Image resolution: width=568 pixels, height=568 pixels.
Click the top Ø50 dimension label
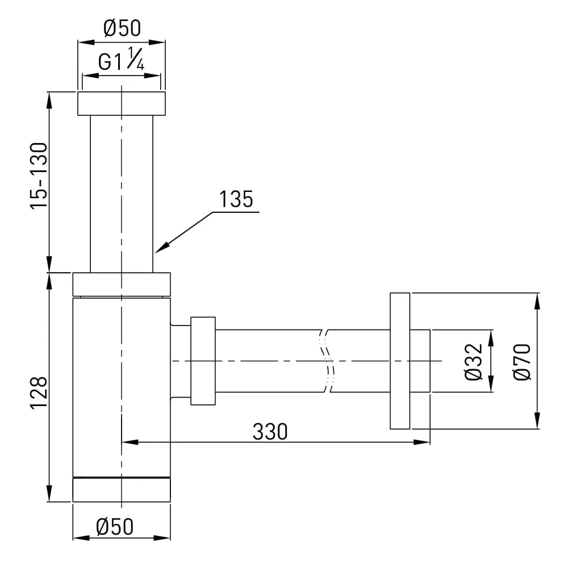click(x=122, y=28)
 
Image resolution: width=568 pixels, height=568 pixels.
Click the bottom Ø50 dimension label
click(x=115, y=527)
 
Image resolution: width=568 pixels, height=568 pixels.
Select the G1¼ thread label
click(x=122, y=59)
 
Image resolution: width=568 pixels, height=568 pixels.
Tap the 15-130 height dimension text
click(x=39, y=176)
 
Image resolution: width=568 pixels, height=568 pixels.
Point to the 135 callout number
click(x=236, y=199)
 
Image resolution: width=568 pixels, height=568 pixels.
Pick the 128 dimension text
click(x=39, y=393)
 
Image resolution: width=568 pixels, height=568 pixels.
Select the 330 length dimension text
click(x=270, y=432)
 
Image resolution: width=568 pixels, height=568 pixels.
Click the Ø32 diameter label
click(x=474, y=362)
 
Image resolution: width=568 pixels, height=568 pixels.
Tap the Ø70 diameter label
click(x=522, y=362)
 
